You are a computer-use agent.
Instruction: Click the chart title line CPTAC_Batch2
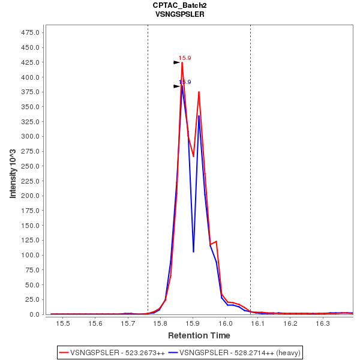pos(179,5)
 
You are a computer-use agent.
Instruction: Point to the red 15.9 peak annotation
pos(185,58)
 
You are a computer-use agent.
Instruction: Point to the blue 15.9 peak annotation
pos(185,82)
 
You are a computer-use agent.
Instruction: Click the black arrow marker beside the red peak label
pos(177,62)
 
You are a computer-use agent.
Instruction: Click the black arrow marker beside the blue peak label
pos(177,86)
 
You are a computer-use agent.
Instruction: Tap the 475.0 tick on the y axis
pos(31,32)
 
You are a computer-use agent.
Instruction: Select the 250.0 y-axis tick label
pos(31,166)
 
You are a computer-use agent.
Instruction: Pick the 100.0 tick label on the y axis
pos(31,255)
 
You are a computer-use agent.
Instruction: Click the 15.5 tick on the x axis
pos(63,323)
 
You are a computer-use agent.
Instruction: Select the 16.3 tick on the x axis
pos(323,323)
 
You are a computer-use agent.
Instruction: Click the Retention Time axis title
pos(199,335)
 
